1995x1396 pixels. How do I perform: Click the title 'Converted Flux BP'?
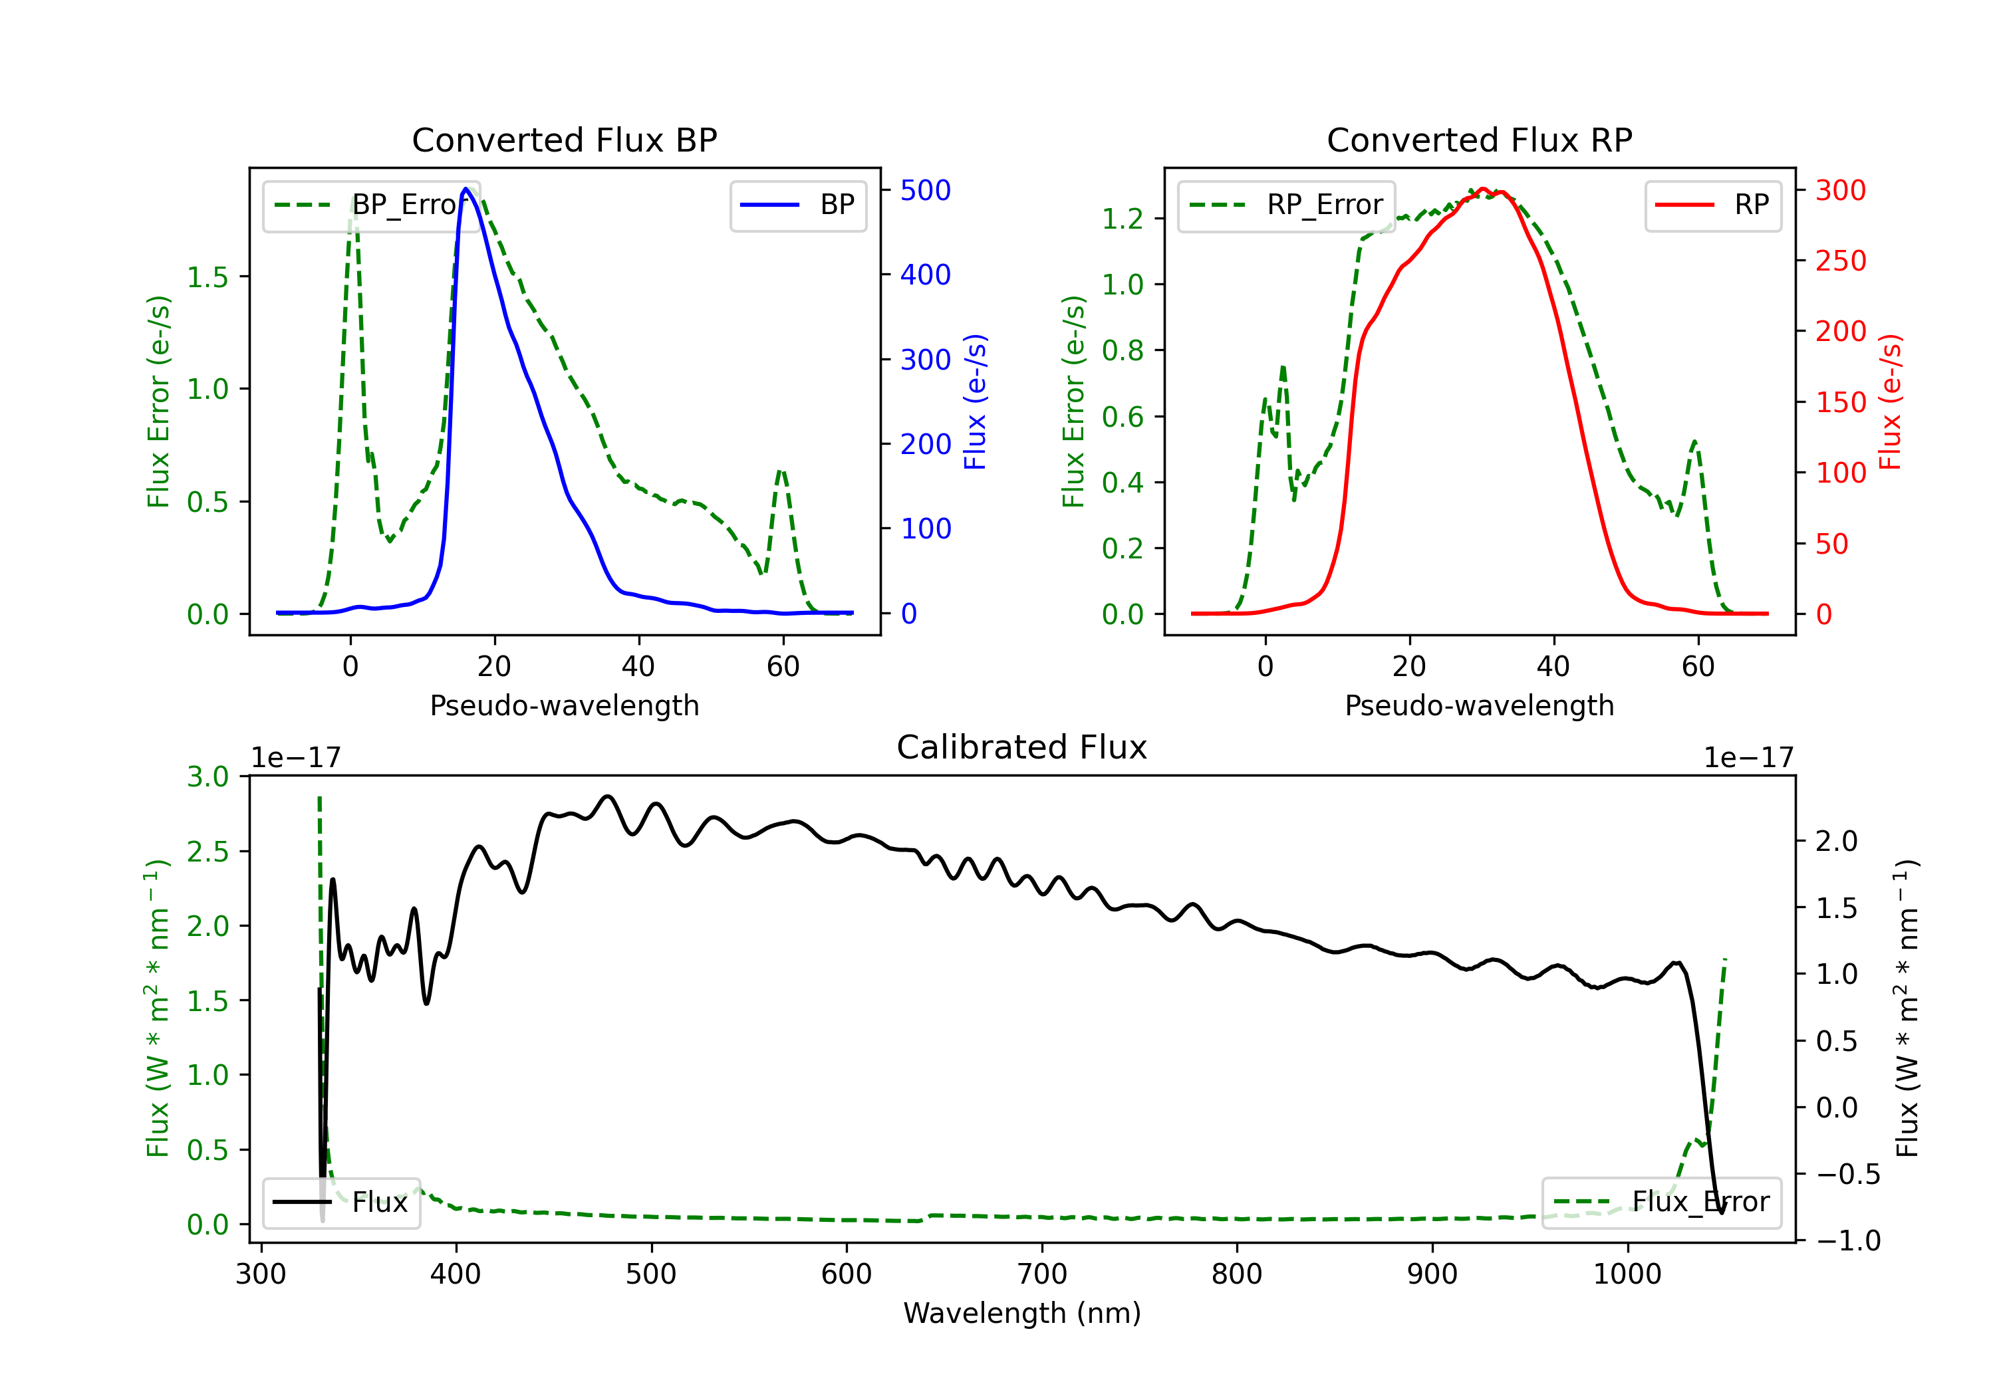coord(564,140)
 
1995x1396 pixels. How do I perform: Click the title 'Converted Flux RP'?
coord(1479,140)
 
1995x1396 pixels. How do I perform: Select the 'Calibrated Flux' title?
coord(1022,747)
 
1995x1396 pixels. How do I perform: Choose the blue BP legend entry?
coord(797,205)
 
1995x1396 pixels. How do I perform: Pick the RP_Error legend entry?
coord(1286,205)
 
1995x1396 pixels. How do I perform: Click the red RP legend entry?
coord(1712,205)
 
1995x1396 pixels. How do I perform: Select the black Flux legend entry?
coord(340,1203)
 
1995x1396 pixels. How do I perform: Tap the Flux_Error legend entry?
coord(1661,1203)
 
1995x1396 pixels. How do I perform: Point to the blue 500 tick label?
coord(926,190)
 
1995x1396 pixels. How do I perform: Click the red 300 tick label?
coord(1840,190)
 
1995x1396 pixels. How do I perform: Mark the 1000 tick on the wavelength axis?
coord(1627,1274)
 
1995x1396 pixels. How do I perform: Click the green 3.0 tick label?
coord(207,776)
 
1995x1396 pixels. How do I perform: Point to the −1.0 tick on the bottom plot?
coord(1847,1240)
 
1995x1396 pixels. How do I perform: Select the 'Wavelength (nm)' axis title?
coord(1022,1313)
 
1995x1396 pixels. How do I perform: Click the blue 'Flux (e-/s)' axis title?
coord(975,402)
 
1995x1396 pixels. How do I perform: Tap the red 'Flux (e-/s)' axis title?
coord(1890,402)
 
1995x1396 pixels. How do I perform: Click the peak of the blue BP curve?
coord(465,189)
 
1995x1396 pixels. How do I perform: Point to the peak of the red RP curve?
coord(1482,189)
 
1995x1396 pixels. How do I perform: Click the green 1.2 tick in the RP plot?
coord(1123,219)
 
